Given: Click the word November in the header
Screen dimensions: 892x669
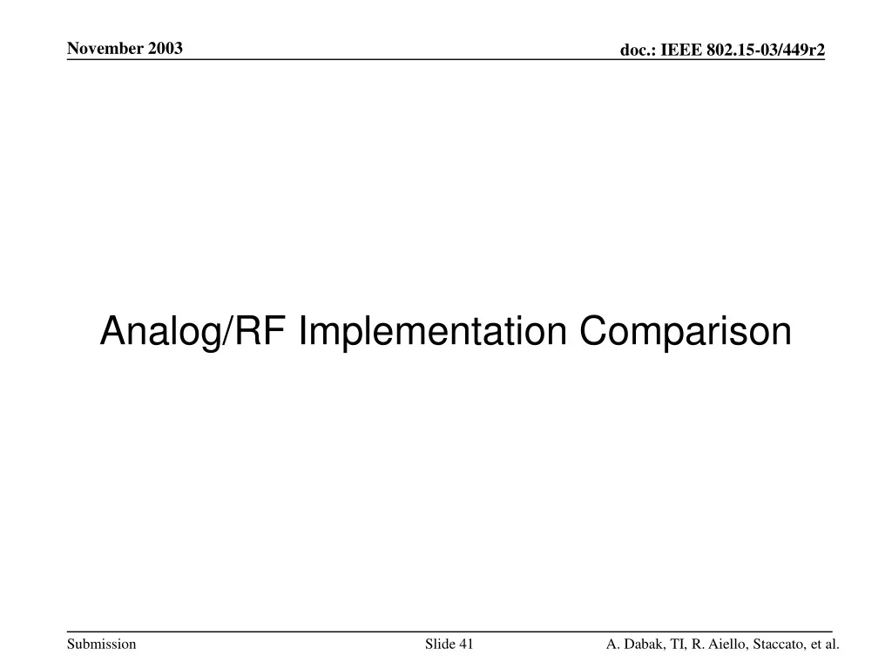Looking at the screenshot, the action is [x=105, y=49].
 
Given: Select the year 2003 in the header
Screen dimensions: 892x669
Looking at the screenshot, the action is [x=166, y=49].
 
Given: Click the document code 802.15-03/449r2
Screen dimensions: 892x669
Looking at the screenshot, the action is [x=766, y=50].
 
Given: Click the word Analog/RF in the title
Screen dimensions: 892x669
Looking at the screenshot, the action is [x=193, y=331].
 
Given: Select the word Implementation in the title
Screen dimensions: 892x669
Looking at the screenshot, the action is [x=432, y=331].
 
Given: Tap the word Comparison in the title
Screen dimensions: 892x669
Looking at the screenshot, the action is [x=686, y=331].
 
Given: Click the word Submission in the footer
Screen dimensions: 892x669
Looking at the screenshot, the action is [x=102, y=644].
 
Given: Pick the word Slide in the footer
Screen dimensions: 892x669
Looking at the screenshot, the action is [x=440, y=644].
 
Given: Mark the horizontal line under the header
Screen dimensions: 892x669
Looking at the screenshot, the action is [x=446, y=59].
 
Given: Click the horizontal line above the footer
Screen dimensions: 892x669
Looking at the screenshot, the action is [x=449, y=632].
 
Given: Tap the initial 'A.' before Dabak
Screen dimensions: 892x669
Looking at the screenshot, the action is [x=612, y=644].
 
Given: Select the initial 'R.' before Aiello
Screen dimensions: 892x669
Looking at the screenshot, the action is [x=697, y=644].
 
